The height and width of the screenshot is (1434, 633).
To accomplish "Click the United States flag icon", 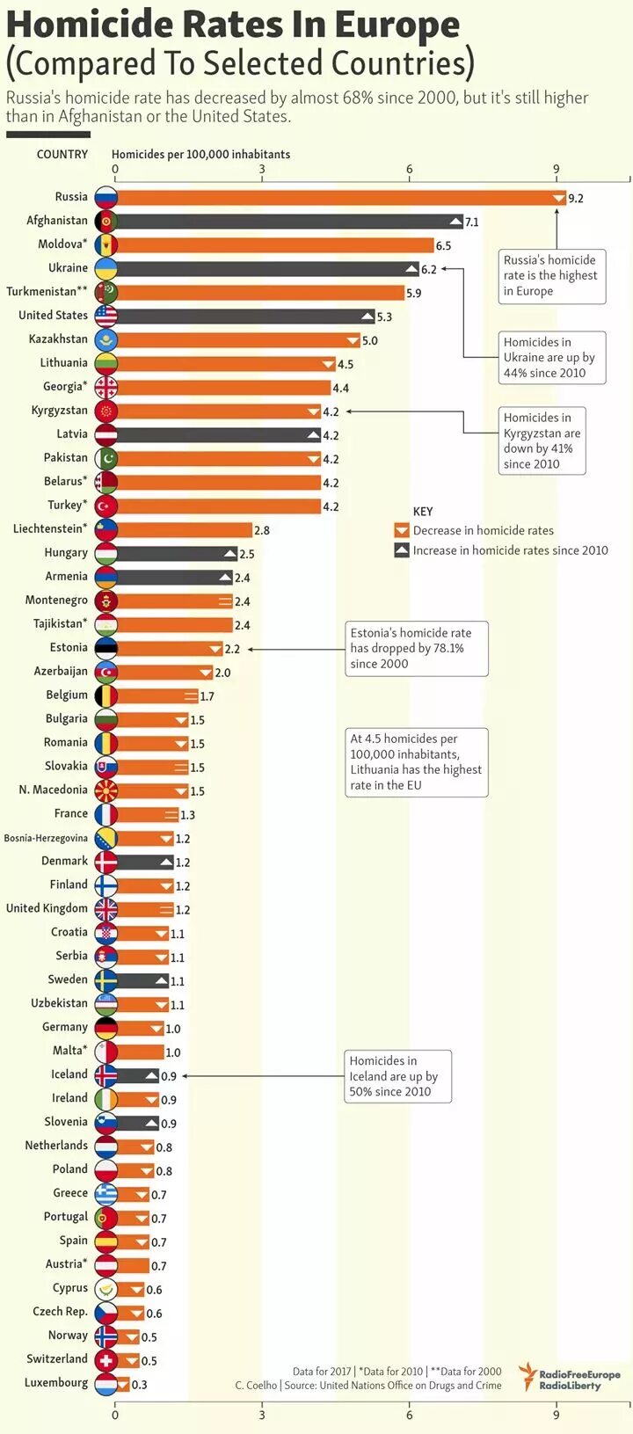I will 105,317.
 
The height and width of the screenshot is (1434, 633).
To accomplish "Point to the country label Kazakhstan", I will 58,339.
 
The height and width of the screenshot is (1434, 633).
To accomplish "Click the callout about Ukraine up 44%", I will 549,357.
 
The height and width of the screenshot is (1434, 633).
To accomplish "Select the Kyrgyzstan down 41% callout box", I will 542,440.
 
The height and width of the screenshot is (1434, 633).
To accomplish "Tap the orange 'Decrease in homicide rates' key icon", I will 402,530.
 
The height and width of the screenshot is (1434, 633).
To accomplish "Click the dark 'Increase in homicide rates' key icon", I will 402,550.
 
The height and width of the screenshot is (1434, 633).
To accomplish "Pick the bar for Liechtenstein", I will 185,530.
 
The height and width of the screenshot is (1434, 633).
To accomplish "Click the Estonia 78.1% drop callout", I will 415,649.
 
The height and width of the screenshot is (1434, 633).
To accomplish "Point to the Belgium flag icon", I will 105,696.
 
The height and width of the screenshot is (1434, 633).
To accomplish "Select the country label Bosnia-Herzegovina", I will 46,839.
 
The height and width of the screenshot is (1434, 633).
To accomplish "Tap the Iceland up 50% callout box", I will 397,1076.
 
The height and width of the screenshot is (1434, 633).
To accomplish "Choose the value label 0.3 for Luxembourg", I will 140,1385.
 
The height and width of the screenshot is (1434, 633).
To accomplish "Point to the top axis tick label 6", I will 410,170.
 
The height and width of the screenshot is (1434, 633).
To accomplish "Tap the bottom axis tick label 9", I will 557,1415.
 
